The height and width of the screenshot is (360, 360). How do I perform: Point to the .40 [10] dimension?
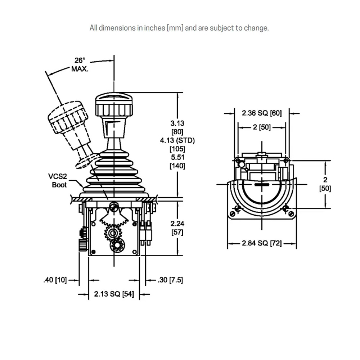[55, 280]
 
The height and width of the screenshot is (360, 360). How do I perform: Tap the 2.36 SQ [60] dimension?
[261, 113]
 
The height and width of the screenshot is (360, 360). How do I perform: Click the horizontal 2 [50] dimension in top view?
[262, 127]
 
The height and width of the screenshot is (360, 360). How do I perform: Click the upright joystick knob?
[114, 104]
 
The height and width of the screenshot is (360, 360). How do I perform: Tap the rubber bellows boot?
[114, 173]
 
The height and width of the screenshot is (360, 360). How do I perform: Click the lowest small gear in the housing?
[117, 246]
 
